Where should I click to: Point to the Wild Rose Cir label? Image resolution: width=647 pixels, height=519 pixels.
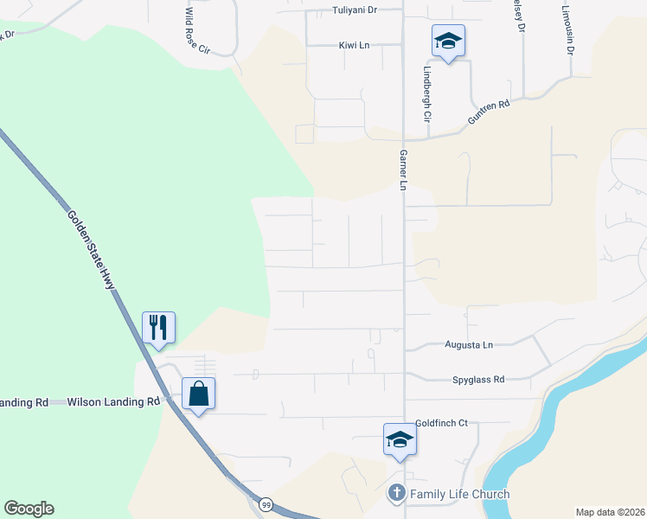pyautogui.click(x=196, y=32)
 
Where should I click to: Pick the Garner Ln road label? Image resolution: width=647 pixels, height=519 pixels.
pyautogui.click(x=403, y=164)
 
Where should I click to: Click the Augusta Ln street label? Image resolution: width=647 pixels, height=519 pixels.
pyautogui.click(x=468, y=345)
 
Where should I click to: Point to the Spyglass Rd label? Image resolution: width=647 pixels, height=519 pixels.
pyautogui.click(x=477, y=379)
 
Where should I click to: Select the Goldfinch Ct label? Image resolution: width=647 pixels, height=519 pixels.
pyautogui.click(x=441, y=423)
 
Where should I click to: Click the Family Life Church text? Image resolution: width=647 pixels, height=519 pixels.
pyautogui.click(x=459, y=495)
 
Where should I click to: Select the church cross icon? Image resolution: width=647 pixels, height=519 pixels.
pyautogui.click(x=397, y=494)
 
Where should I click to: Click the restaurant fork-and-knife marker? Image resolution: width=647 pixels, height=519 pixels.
pyautogui.click(x=158, y=327)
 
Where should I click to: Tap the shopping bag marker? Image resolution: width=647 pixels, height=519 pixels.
pyautogui.click(x=198, y=393)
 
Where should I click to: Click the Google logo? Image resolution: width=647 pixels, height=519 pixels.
pyautogui.click(x=29, y=509)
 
